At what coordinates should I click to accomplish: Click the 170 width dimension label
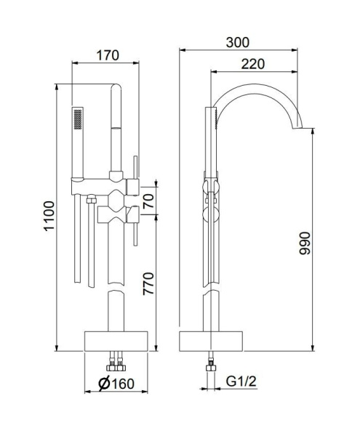tap(107, 55)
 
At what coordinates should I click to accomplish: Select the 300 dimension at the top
tap(234, 43)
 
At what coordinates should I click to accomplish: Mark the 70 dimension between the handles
tap(148, 201)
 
